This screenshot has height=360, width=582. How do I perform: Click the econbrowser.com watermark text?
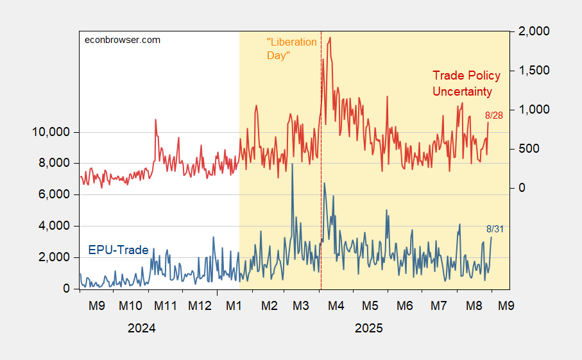[123, 40]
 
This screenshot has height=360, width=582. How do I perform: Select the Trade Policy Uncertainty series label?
[466, 83]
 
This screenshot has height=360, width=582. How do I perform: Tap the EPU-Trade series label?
[118, 250]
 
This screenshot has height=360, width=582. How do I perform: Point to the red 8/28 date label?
[495, 116]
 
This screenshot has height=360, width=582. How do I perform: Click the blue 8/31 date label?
[495, 229]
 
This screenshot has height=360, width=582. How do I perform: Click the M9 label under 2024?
[97, 304]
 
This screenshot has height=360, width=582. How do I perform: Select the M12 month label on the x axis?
[200, 304]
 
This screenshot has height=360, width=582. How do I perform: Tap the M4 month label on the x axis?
[336, 304]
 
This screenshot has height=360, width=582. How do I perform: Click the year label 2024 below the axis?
[141, 328]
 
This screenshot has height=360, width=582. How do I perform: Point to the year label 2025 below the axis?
[369, 328]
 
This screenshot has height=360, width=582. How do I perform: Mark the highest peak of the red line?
[330, 37]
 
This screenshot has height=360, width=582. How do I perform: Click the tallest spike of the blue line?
[293, 164]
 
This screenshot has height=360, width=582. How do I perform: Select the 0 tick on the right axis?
[521, 188]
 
